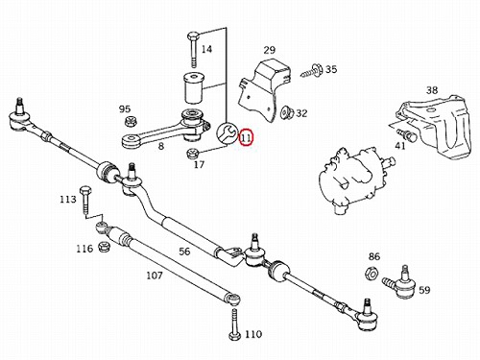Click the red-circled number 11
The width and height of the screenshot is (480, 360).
(x=247, y=137)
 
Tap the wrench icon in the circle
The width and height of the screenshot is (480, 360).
(x=227, y=132)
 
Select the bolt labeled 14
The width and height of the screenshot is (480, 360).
(x=193, y=50)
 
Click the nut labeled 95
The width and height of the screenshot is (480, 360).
(x=131, y=121)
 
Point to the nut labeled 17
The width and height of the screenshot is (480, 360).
(x=193, y=154)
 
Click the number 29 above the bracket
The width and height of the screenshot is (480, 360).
(x=270, y=50)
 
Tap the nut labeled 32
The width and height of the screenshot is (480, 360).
(x=286, y=113)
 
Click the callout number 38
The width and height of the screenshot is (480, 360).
(x=432, y=90)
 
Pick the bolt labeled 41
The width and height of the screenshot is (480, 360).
(x=406, y=134)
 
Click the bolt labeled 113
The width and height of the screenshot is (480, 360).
(x=85, y=201)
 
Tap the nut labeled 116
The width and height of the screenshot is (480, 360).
(x=105, y=246)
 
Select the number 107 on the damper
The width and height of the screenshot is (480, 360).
(x=155, y=276)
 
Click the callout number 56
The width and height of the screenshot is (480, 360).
(x=184, y=252)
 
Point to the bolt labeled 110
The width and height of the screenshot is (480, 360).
(x=234, y=324)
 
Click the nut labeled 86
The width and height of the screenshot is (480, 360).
(x=372, y=273)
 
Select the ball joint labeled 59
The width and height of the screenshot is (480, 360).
(x=400, y=282)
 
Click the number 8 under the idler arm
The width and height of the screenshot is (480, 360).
(x=161, y=146)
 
